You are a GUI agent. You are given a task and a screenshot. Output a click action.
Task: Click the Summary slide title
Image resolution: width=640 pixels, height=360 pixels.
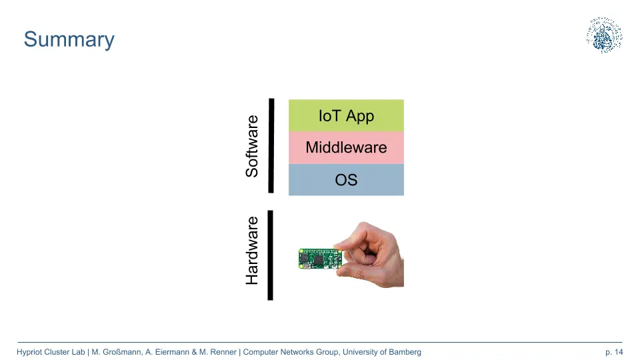[x=69, y=40]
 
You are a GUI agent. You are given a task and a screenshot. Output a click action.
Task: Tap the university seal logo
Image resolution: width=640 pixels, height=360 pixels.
[x=604, y=35]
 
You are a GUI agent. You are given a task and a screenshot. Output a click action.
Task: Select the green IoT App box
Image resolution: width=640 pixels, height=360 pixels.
[x=346, y=115]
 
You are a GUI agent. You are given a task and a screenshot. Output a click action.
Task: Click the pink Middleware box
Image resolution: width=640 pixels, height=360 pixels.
[x=346, y=147]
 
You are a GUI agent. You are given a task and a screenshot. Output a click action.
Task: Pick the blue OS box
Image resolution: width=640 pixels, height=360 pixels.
[x=346, y=179]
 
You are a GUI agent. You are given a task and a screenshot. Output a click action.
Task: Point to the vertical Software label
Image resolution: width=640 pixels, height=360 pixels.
[x=252, y=146]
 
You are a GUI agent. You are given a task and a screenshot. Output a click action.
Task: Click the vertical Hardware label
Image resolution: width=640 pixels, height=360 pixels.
[x=252, y=251]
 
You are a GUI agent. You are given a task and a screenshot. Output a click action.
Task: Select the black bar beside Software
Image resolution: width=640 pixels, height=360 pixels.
[x=271, y=145]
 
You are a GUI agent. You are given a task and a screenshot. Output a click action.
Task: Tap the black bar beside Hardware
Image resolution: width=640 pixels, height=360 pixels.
[x=270, y=255]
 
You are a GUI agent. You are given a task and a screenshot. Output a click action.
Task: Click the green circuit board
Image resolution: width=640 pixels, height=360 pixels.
[x=321, y=259]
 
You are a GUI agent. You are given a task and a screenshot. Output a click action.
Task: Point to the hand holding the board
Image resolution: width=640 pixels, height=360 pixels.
[x=372, y=255]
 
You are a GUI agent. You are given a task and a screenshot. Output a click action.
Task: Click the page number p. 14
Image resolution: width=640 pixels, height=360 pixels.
[x=614, y=352]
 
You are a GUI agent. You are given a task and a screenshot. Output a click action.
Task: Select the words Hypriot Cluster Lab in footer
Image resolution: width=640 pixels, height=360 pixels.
[x=51, y=352]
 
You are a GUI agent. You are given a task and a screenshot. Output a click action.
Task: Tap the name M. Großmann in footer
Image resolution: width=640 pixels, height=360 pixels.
[x=116, y=352]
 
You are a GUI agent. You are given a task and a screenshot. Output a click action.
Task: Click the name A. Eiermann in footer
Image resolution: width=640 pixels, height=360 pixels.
[x=167, y=352]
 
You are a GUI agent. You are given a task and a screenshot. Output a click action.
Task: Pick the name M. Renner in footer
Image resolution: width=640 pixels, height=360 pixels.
[x=217, y=352]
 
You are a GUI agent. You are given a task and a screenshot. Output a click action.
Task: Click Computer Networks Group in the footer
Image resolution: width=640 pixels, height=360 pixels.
[x=291, y=352]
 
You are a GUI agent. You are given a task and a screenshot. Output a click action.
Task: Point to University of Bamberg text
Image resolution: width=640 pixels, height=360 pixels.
[x=381, y=352]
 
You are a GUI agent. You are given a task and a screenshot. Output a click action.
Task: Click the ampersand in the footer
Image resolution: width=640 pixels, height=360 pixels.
[x=194, y=352]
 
